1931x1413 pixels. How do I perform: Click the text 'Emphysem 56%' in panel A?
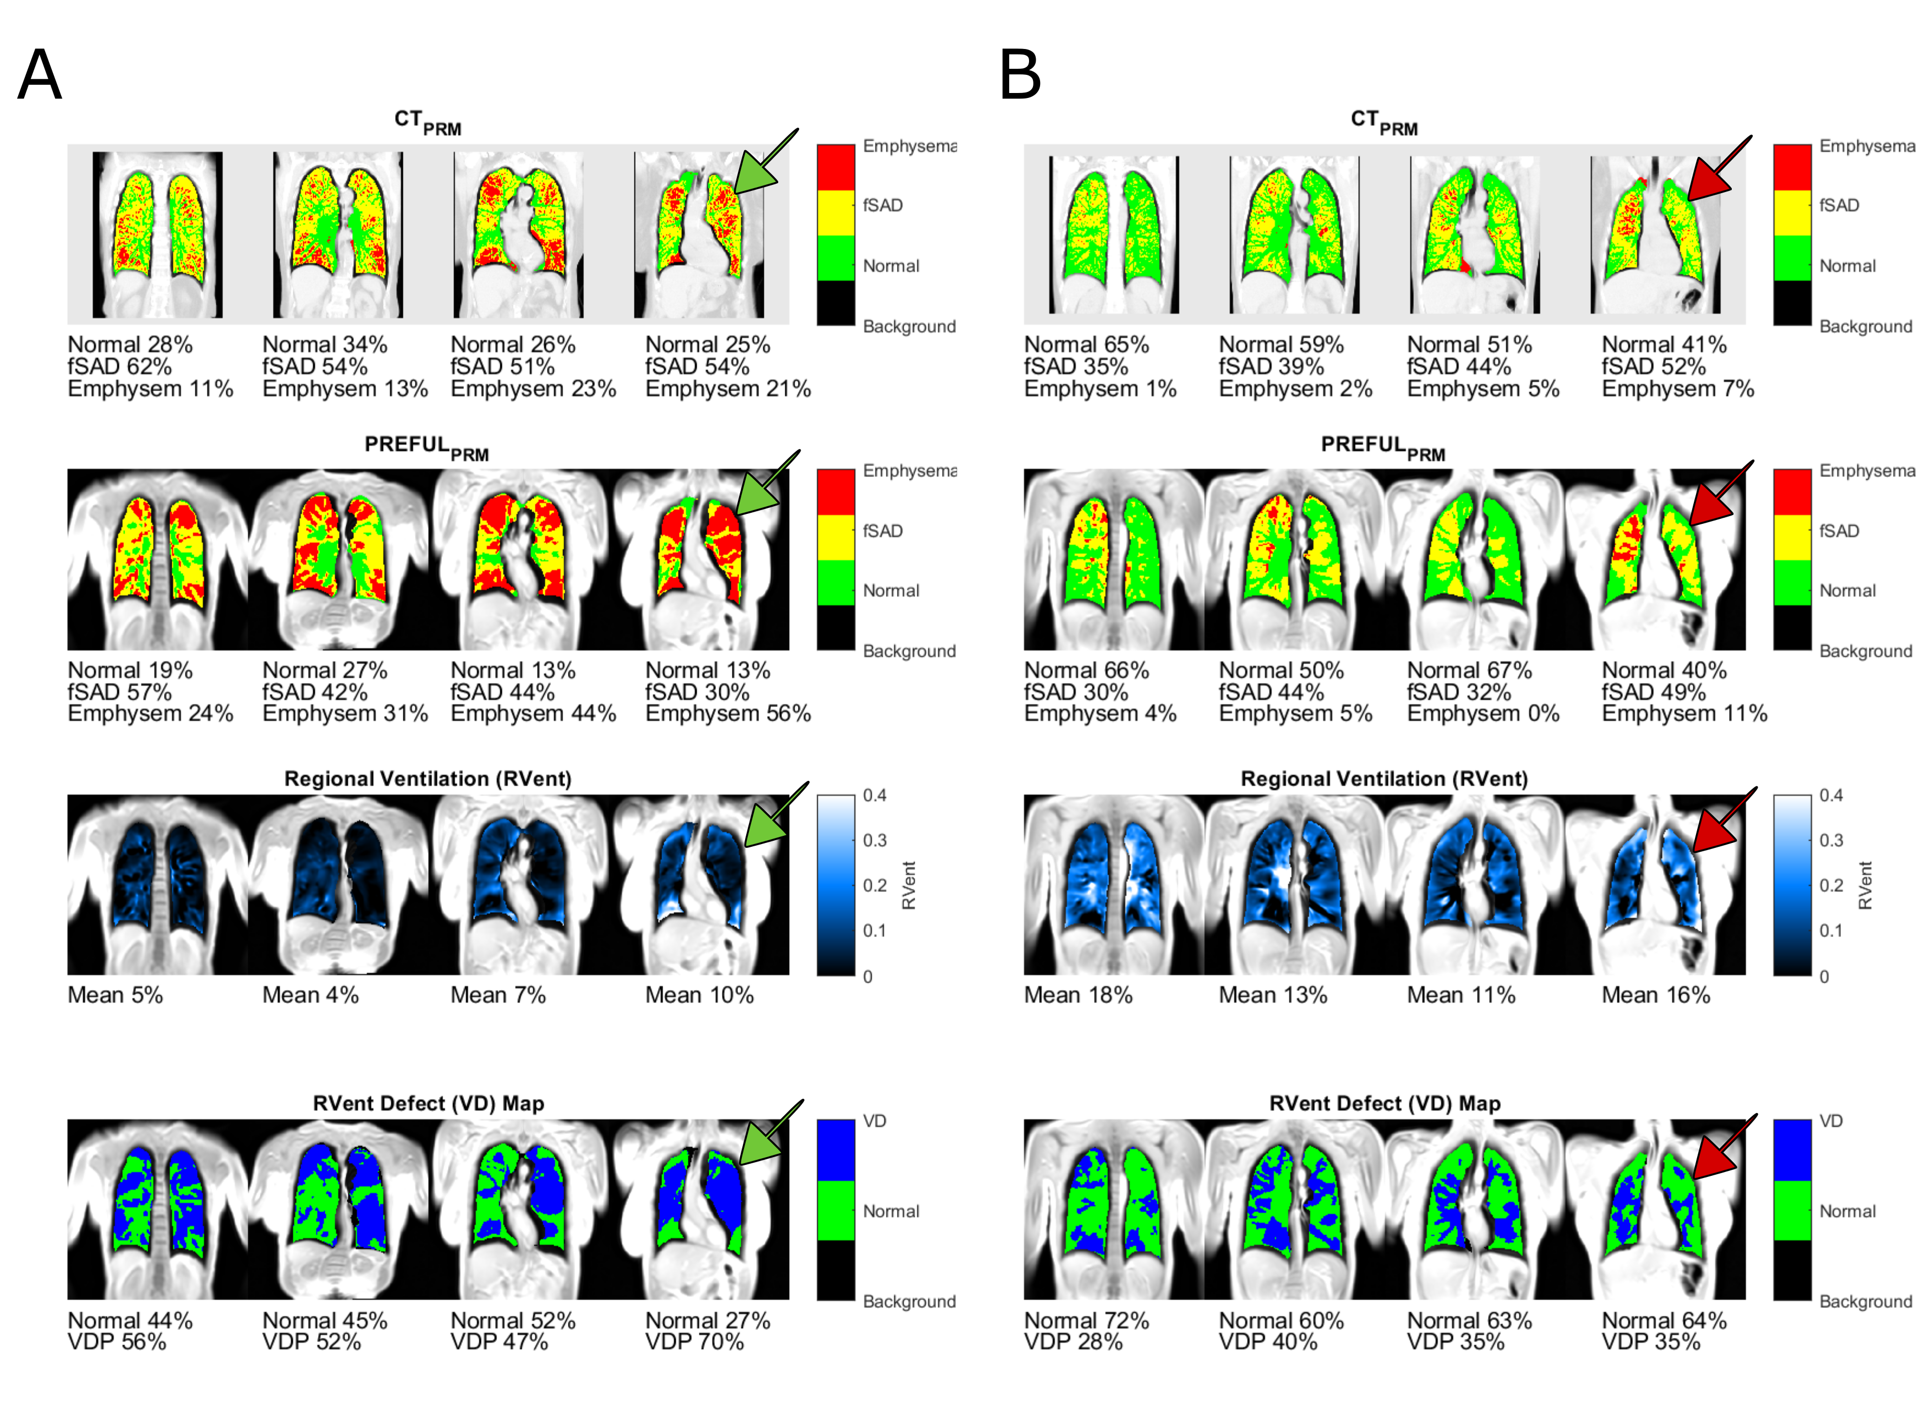pyautogui.click(x=727, y=713)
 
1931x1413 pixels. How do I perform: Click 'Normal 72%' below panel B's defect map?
pyautogui.click(x=1086, y=1320)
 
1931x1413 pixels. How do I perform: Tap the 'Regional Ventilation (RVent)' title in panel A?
pyautogui.click(x=428, y=779)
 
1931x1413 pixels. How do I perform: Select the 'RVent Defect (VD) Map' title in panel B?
pyautogui.click(x=1385, y=1103)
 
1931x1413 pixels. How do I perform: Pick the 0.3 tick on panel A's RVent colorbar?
pyautogui.click(x=874, y=840)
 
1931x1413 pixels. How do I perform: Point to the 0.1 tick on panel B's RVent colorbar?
pyautogui.click(x=1831, y=930)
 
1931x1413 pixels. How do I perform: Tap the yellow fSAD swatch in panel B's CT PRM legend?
pyautogui.click(x=1792, y=212)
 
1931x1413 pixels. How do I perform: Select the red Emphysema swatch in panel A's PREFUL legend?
pyautogui.click(x=835, y=492)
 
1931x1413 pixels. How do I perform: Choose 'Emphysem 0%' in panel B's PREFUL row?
pyautogui.click(x=1483, y=713)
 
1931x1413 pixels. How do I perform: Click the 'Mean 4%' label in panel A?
pyautogui.click(x=310, y=995)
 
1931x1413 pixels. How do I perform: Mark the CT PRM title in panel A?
pyautogui.click(x=428, y=122)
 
